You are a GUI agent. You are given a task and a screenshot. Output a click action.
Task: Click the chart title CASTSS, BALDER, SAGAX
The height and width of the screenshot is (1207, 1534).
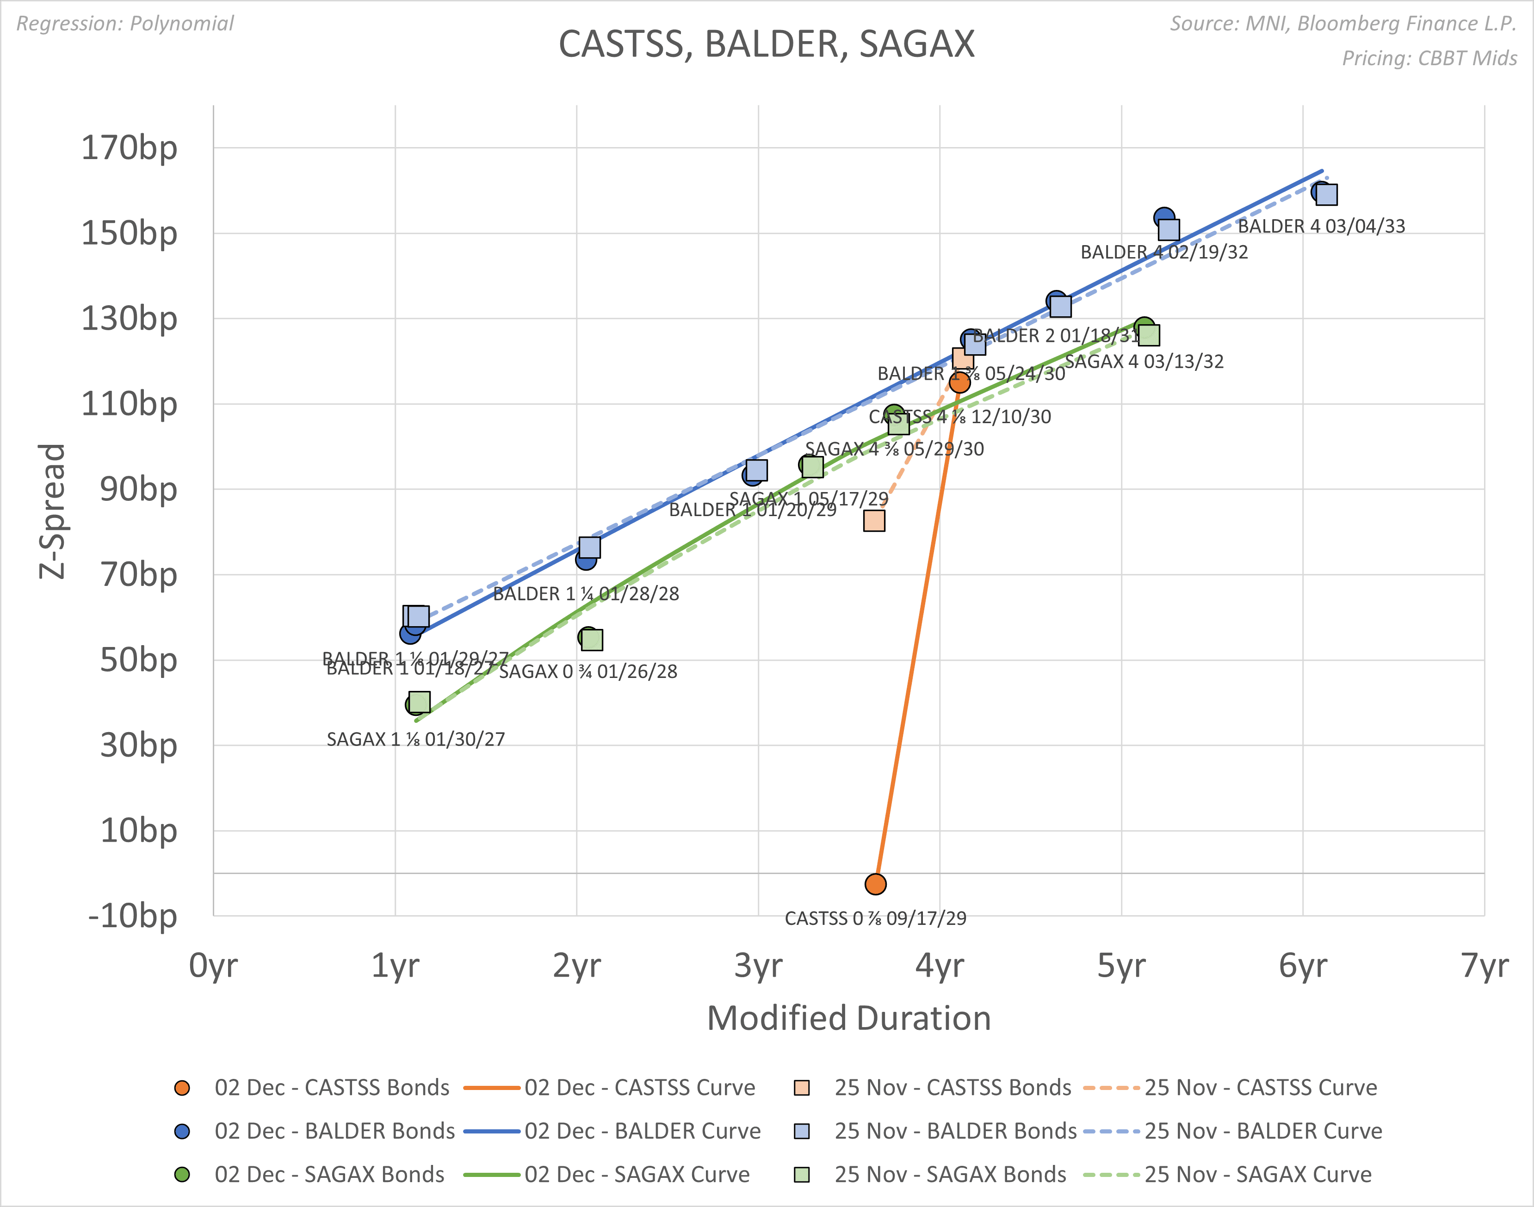[766, 44]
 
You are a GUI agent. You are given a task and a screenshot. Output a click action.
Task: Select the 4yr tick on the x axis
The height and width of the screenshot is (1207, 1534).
[940, 965]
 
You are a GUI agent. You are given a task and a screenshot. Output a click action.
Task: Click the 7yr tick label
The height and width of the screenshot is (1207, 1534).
[1485, 965]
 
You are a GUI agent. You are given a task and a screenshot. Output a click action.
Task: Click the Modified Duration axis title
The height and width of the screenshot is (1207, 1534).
[848, 1018]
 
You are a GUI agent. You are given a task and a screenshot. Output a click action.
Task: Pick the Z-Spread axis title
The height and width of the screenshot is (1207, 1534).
[52, 511]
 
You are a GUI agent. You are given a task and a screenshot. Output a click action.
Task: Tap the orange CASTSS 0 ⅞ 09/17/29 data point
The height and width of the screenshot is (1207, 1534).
[875, 884]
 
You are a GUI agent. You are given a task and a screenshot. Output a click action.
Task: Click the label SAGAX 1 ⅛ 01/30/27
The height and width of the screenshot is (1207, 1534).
[416, 739]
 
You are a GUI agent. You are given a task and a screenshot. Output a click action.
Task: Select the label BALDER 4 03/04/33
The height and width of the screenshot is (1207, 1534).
[1321, 226]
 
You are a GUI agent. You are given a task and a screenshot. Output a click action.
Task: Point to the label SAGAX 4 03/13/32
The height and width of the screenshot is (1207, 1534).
[1144, 362]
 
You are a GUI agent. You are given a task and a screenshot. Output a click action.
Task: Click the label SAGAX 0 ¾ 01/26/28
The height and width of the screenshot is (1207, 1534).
[588, 671]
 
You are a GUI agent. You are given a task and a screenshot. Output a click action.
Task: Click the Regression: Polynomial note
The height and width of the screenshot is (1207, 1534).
[125, 23]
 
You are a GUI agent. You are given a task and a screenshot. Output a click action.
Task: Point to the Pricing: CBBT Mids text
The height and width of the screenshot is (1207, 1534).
[1429, 58]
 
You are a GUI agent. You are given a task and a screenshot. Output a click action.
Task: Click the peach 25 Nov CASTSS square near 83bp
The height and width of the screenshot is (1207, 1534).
[874, 521]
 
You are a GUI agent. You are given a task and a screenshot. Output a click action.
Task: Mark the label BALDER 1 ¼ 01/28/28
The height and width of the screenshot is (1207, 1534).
[586, 594]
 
